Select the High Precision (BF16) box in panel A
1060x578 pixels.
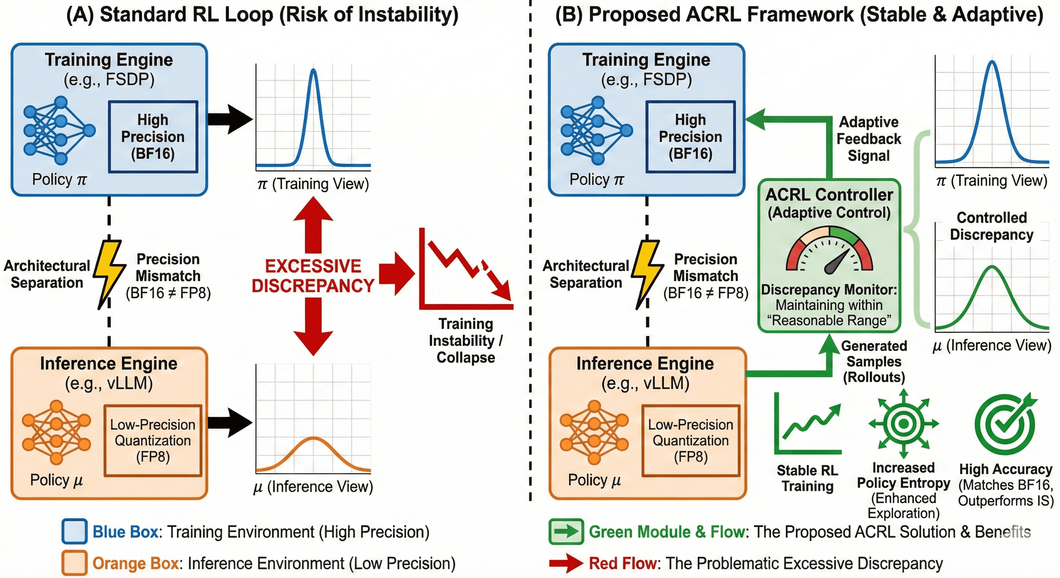click(x=153, y=137)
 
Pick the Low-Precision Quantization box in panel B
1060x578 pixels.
click(x=690, y=441)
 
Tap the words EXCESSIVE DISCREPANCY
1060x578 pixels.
click(x=313, y=275)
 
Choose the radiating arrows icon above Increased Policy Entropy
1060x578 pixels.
click(x=904, y=423)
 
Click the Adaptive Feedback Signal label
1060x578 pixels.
click(x=869, y=138)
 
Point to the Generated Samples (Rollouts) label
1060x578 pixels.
click(x=874, y=362)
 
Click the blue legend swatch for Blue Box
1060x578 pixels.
click(x=75, y=531)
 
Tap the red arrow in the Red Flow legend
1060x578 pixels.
click(x=566, y=563)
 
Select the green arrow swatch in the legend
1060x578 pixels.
click(x=566, y=531)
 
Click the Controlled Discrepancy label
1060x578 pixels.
click(x=992, y=226)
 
